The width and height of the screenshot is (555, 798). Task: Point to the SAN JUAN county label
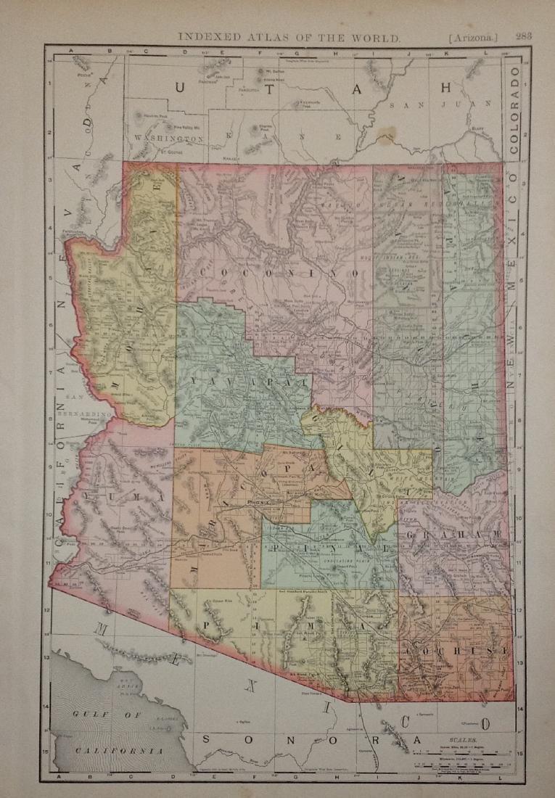coord(411,105)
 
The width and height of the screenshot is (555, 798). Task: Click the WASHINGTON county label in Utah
coord(166,138)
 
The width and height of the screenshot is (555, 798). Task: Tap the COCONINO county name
coord(279,273)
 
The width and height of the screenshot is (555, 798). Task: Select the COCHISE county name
coord(456,650)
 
